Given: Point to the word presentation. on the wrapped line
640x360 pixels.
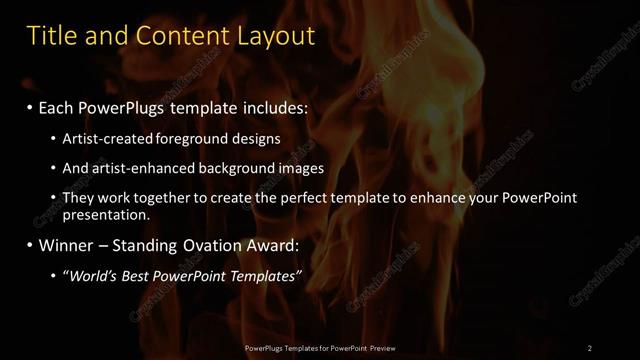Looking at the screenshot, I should [x=107, y=215].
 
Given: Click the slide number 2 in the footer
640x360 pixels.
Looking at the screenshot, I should [x=590, y=348].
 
